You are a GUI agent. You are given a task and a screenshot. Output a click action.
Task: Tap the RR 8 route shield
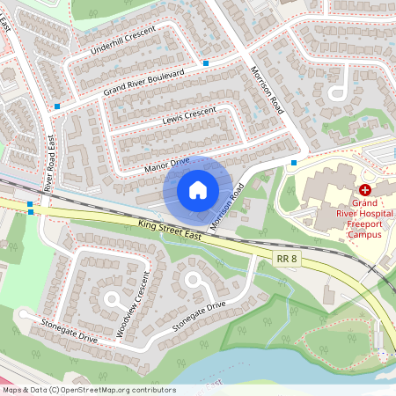tap(286, 258)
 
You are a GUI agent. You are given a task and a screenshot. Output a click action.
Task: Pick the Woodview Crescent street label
tap(135, 304)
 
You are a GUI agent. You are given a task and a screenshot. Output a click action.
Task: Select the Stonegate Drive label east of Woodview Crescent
tap(199, 316)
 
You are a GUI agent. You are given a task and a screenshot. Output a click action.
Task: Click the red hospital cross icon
tap(364, 190)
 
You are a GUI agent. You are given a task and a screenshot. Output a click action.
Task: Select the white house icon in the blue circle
tap(198, 189)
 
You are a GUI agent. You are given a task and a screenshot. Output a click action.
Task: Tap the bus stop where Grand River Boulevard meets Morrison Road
tap(205, 63)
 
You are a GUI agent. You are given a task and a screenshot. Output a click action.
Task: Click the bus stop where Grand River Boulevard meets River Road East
tap(57, 106)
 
